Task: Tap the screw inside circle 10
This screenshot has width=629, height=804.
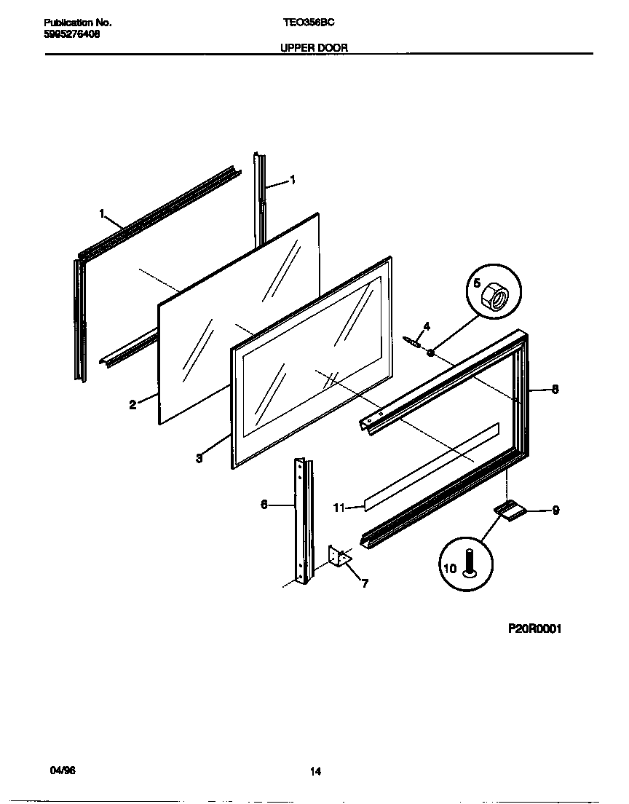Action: tap(469, 563)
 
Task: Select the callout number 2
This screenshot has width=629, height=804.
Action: tap(132, 406)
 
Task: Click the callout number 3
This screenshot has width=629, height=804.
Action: tap(199, 459)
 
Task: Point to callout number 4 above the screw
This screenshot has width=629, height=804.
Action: tap(427, 326)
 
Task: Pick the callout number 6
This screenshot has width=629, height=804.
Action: tap(264, 503)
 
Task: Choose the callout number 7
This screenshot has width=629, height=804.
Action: tap(364, 583)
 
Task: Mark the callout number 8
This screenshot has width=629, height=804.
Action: tap(555, 390)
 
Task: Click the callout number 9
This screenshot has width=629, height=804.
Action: tap(555, 511)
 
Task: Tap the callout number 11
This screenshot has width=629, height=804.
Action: tap(339, 508)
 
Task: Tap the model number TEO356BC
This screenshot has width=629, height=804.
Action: tap(309, 23)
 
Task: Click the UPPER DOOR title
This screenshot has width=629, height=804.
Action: tap(314, 47)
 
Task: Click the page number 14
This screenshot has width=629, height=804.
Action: tap(315, 772)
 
